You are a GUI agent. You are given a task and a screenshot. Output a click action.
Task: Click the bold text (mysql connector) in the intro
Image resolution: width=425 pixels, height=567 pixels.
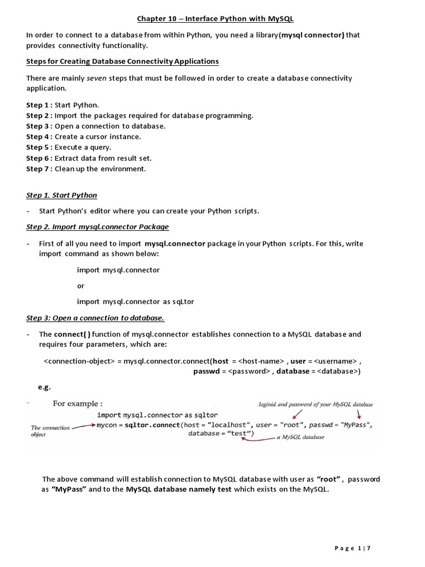tap(312, 35)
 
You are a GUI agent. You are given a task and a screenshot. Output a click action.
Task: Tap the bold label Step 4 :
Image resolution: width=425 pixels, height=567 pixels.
tap(39, 136)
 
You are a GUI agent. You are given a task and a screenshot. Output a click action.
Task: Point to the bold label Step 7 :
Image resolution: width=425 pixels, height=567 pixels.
tap(39, 169)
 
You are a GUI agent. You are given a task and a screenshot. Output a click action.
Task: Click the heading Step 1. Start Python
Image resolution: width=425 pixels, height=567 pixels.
tap(61, 195)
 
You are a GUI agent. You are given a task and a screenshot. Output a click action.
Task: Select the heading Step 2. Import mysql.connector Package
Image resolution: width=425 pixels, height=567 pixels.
tap(97, 226)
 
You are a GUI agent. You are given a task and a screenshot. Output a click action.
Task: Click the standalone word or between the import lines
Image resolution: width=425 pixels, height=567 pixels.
tap(80, 286)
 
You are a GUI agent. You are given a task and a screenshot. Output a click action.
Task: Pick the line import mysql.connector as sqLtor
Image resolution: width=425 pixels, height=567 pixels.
tap(135, 301)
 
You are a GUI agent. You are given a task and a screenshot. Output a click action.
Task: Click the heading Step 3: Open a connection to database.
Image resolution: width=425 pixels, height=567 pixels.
tap(95, 318)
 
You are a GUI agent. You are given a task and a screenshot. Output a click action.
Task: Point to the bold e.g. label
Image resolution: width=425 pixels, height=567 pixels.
tap(44, 388)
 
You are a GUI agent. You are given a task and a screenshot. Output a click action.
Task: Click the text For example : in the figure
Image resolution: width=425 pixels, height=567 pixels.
tap(77, 404)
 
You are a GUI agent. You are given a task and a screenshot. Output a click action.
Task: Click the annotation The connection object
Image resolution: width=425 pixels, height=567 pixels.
tap(50, 431)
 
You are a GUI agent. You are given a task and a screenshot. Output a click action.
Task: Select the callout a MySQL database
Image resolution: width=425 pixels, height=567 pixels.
tap(300, 437)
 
